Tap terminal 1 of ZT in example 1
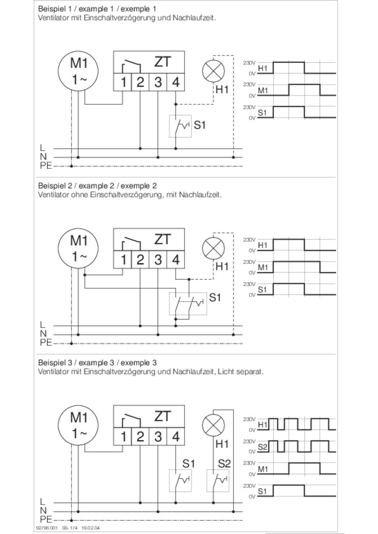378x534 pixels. point(123,82)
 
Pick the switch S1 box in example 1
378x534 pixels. point(180,126)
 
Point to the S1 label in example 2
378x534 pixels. point(214,297)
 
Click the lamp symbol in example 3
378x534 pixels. point(214,426)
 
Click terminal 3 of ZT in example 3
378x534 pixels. point(158,436)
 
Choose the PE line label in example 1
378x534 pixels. point(45,166)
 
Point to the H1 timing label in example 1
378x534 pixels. point(263,69)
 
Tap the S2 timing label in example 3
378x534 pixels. point(263,445)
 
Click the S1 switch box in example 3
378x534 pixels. point(180,481)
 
